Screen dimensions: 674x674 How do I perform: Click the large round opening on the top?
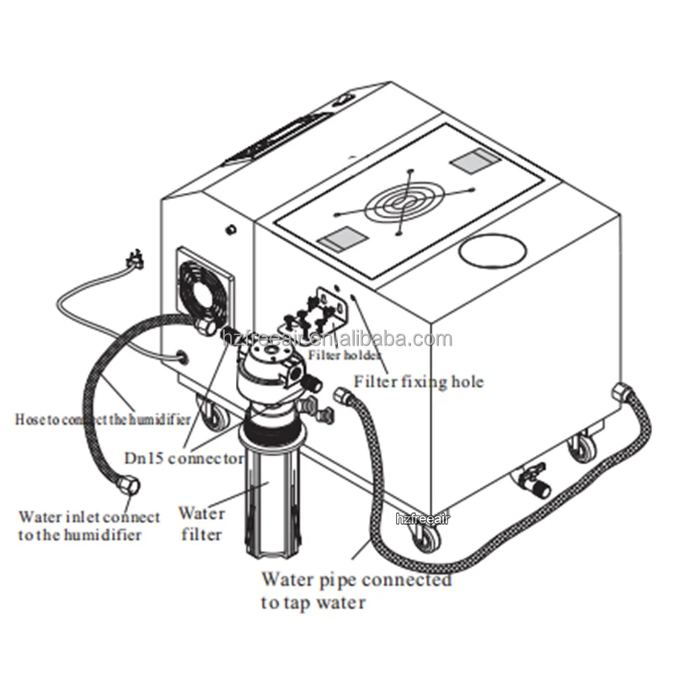point(494,252)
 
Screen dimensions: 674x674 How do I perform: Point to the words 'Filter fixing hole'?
point(419,382)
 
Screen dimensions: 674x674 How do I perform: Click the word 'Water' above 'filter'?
point(202,513)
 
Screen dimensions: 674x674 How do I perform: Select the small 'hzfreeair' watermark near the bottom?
point(426,521)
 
